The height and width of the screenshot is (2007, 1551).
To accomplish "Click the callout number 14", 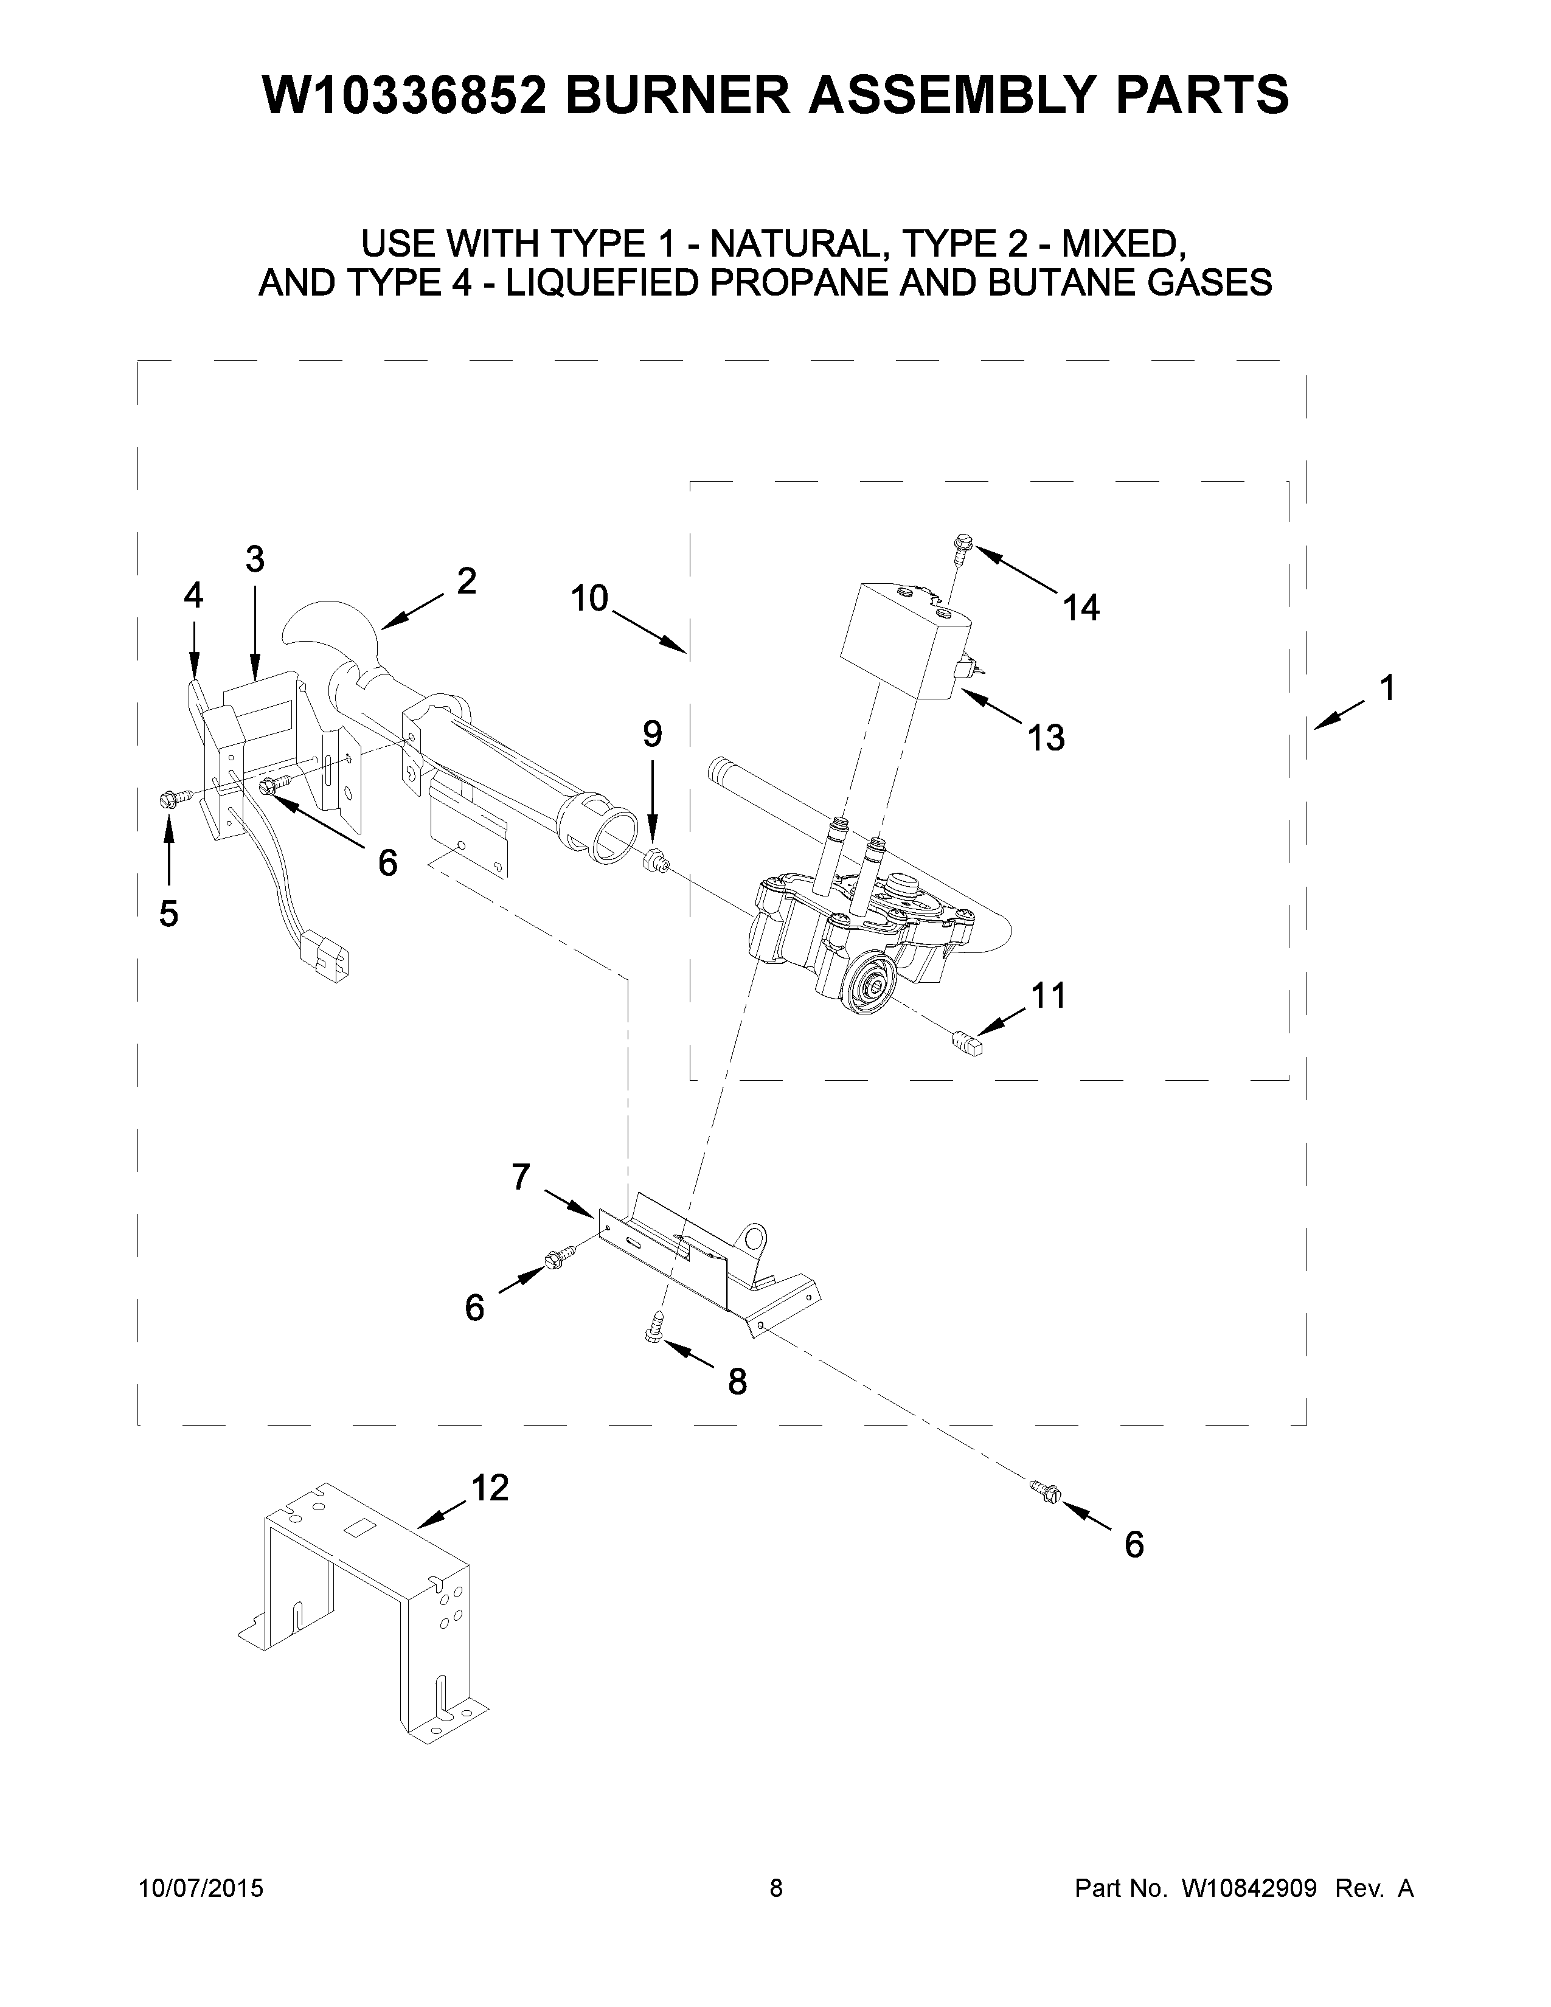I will [1081, 608].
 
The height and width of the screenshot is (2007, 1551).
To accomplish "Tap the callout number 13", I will [1047, 738].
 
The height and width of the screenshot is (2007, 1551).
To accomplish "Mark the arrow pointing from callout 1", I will [1337, 716].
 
